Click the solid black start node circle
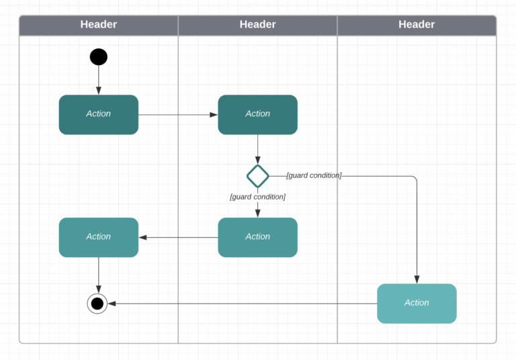(x=99, y=57)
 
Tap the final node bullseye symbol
(x=97, y=304)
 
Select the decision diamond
(x=257, y=176)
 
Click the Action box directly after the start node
(x=99, y=114)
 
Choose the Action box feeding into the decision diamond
(x=257, y=114)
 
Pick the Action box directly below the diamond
(x=257, y=237)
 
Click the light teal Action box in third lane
(x=417, y=304)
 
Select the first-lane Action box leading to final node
(x=99, y=237)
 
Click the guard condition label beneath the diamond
(x=257, y=197)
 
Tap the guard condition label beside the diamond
(x=314, y=175)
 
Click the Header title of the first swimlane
(x=99, y=25)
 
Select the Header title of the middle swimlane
(x=257, y=25)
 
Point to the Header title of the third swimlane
(x=417, y=25)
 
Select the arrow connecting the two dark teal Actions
(x=178, y=115)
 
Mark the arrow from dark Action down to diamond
(x=257, y=149)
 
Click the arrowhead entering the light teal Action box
(x=417, y=279)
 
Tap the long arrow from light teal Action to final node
(x=242, y=304)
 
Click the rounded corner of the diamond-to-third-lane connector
(x=415, y=178)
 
